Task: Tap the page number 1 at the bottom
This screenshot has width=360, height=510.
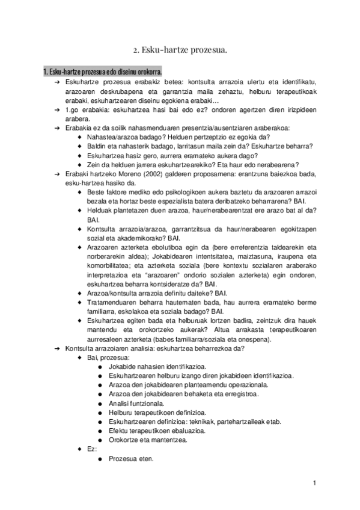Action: (314, 483)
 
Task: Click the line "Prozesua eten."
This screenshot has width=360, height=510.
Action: (130, 459)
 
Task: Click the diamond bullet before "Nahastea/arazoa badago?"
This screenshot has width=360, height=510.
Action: (81, 137)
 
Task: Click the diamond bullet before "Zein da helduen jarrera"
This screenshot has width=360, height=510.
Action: (81, 165)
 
